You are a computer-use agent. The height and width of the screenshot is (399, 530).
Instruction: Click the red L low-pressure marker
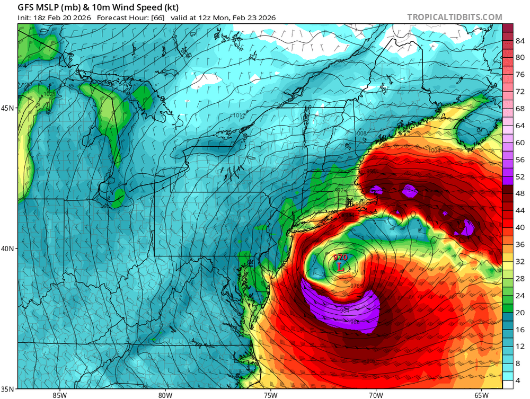point(340,267)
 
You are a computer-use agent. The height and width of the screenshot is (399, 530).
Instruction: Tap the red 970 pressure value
point(340,258)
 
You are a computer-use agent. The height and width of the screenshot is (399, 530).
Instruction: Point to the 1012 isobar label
point(238,115)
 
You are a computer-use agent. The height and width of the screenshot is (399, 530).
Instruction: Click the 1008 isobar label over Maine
point(361,133)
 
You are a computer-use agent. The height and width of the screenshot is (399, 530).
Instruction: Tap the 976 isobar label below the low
point(355,286)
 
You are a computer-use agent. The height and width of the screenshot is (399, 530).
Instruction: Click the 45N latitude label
point(8,108)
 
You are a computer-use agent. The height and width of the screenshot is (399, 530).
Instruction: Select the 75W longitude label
point(270,394)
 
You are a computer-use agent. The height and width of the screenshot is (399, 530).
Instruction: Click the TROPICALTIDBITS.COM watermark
point(454,17)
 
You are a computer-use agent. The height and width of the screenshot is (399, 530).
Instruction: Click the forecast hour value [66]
point(157,18)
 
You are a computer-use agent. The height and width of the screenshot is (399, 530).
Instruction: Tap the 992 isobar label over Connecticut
point(339,190)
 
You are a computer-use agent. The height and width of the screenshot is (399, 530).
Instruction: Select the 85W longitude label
point(59,394)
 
